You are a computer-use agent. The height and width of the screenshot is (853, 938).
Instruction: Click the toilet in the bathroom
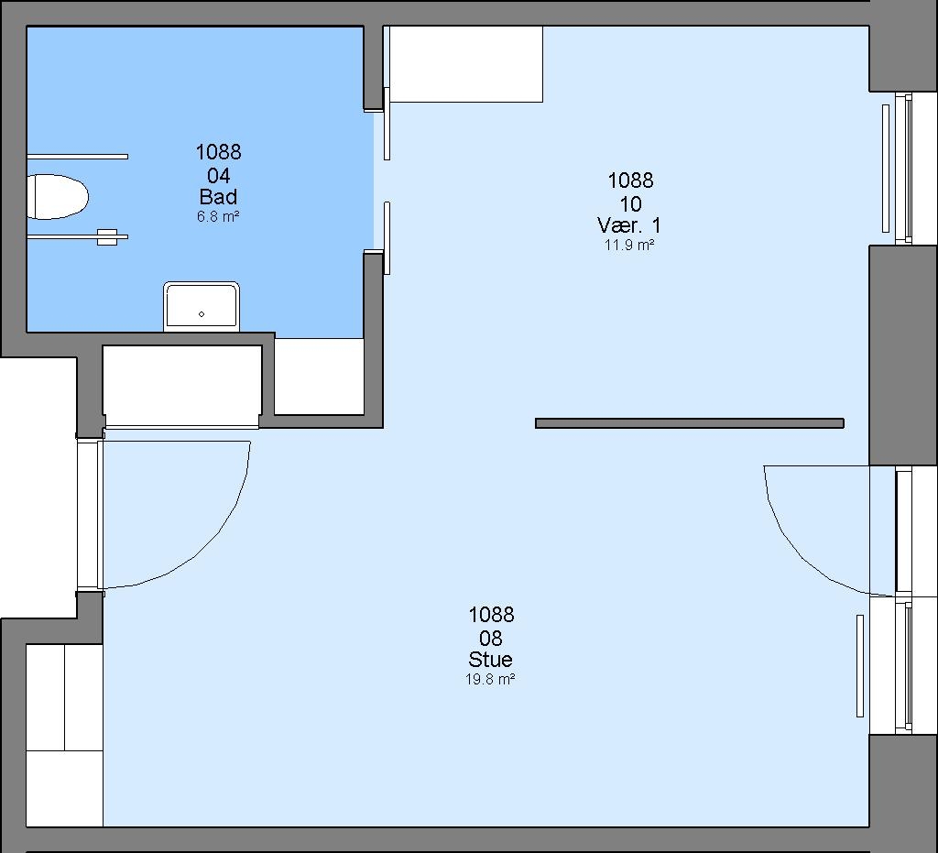[x=58, y=197]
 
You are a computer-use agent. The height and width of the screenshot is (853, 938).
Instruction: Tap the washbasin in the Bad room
[x=202, y=306]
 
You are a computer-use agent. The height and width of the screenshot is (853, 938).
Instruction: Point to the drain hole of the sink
[x=202, y=314]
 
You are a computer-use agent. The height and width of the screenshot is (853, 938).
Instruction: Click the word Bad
[x=218, y=197]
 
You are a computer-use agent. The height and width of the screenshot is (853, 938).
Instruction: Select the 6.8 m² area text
[x=218, y=216]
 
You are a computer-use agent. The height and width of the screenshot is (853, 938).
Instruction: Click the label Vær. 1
[x=629, y=225]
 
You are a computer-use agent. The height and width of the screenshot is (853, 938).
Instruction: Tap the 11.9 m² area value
[x=629, y=245]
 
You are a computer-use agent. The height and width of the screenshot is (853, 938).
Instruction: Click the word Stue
[x=491, y=660]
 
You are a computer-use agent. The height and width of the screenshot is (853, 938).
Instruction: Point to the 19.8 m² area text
[x=491, y=680]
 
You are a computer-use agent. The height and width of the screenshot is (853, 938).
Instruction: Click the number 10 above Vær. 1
[x=630, y=204]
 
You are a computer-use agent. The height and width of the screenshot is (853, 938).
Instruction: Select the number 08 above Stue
[x=491, y=639]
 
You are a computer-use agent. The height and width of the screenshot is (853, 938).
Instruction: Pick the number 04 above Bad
[x=219, y=176]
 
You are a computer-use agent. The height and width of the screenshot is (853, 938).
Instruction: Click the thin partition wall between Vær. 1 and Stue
[x=689, y=423]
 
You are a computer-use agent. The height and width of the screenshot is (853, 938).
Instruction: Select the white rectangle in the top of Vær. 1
[x=466, y=64]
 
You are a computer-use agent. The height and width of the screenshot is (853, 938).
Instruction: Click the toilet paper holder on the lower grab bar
[x=107, y=237]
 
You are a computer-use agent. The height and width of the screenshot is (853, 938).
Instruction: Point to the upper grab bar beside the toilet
[x=78, y=157]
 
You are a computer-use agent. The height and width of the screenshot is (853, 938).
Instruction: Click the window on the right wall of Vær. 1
[x=903, y=169]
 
